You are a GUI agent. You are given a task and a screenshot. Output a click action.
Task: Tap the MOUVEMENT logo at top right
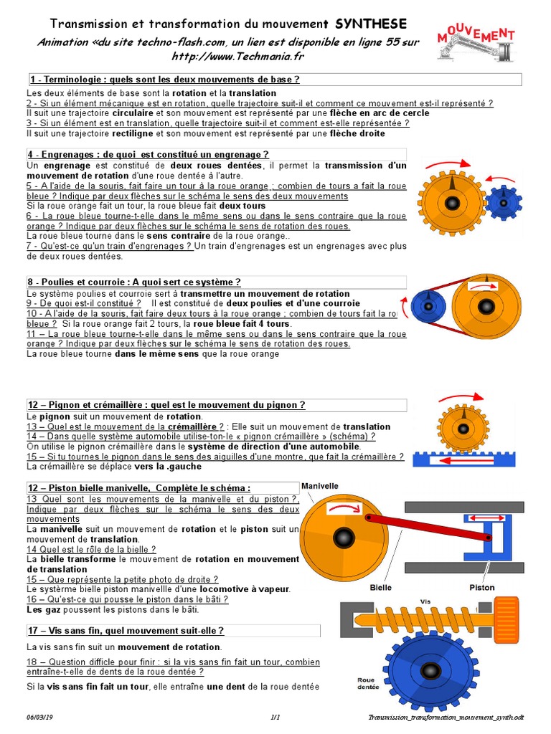tap(476, 43)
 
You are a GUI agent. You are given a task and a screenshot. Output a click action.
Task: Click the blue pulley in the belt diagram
tap(428, 306)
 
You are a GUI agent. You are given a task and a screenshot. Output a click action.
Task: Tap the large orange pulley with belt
tap(485, 305)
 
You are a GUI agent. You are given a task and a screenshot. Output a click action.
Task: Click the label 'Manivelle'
tap(319, 487)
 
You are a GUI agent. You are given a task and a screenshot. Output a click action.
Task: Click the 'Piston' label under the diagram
tap(482, 588)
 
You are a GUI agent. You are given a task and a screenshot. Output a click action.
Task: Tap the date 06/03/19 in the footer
tap(40, 717)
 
